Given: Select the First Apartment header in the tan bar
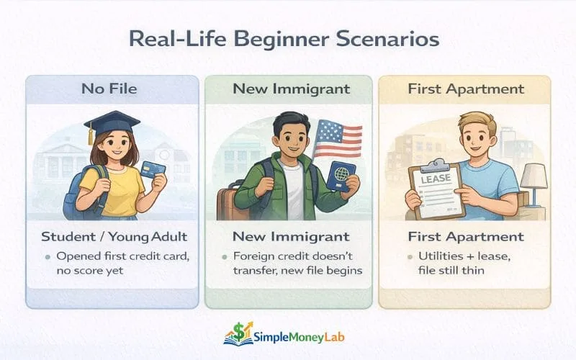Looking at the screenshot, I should [464, 89].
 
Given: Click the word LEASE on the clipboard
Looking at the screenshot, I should [436, 176].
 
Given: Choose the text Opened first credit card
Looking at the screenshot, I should [119, 256].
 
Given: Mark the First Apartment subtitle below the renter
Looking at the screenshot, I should [464, 236].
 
